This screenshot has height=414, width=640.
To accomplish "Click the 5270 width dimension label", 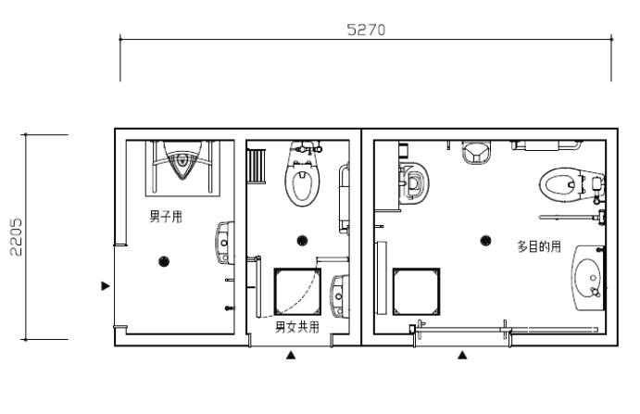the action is tap(366, 30).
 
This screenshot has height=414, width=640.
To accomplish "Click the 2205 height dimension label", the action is tap(17, 237).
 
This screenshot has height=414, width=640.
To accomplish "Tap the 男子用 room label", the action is tap(166, 217).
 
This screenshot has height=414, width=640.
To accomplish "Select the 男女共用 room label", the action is tap(297, 327).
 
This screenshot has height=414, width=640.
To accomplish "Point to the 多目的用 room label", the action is tap(539, 246).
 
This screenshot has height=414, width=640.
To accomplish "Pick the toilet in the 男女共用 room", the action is tap(302, 174).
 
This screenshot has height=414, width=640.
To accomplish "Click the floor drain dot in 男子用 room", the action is tap(164, 261).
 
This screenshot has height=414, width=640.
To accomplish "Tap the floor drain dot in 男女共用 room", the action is tap(302, 241).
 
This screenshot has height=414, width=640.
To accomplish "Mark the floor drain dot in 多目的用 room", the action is tap(485, 241).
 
